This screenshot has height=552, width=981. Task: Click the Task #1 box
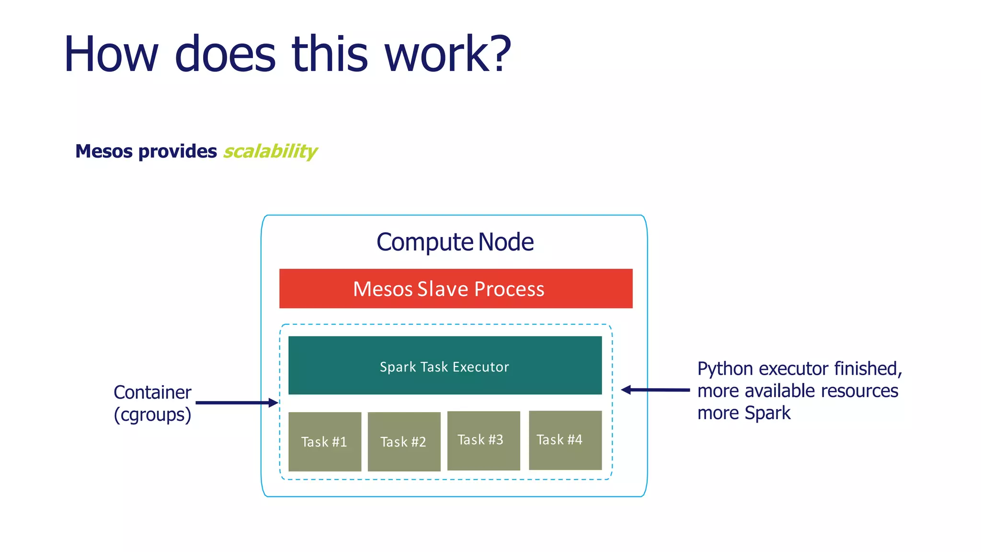pos(325,441)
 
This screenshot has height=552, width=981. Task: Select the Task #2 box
pos(404,441)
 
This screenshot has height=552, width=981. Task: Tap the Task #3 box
pos(483,440)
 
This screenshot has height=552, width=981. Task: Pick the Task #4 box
pos(565,440)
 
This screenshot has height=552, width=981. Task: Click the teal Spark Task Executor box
pos(445,366)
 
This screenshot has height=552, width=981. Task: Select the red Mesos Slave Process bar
pos(456,288)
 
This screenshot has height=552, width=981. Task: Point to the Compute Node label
pos(455,242)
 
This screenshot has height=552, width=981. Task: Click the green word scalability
pos(270,151)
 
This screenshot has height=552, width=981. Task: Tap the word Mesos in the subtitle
pos(103,151)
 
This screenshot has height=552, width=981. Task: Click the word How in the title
pos(111,54)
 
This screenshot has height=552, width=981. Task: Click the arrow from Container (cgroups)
pos(237,402)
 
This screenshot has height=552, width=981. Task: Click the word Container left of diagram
pos(152,392)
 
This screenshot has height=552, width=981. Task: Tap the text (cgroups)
pos(152,414)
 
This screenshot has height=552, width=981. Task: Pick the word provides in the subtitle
pos(177,151)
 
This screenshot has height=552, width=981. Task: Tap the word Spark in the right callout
pos(767,413)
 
